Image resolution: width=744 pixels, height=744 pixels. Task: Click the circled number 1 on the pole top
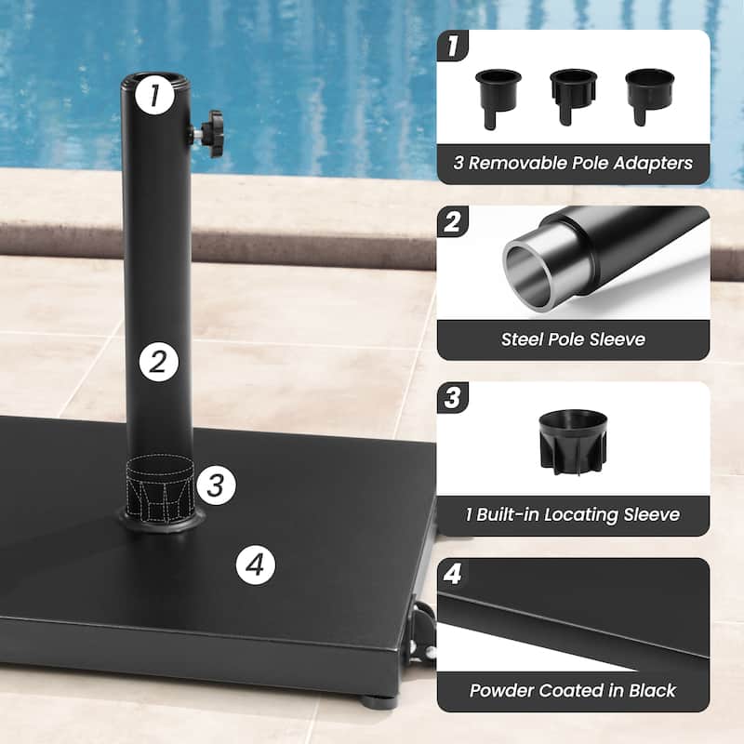[x=154, y=93]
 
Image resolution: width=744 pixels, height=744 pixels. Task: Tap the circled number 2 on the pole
[x=158, y=362]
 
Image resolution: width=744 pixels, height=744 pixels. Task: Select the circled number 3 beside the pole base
[x=215, y=485]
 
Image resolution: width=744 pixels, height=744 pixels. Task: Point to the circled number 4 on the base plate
[x=256, y=563]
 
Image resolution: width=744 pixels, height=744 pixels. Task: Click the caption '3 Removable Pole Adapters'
[x=573, y=163]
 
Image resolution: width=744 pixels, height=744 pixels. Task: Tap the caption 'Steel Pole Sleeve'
[x=573, y=339]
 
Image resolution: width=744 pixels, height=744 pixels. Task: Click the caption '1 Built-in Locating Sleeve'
[x=573, y=514]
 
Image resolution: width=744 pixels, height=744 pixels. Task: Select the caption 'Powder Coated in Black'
[x=573, y=690]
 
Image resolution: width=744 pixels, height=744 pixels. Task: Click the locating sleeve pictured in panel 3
[x=572, y=438]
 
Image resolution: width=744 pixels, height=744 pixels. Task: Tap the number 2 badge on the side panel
[x=453, y=222]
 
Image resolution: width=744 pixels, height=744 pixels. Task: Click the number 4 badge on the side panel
[x=453, y=574]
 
